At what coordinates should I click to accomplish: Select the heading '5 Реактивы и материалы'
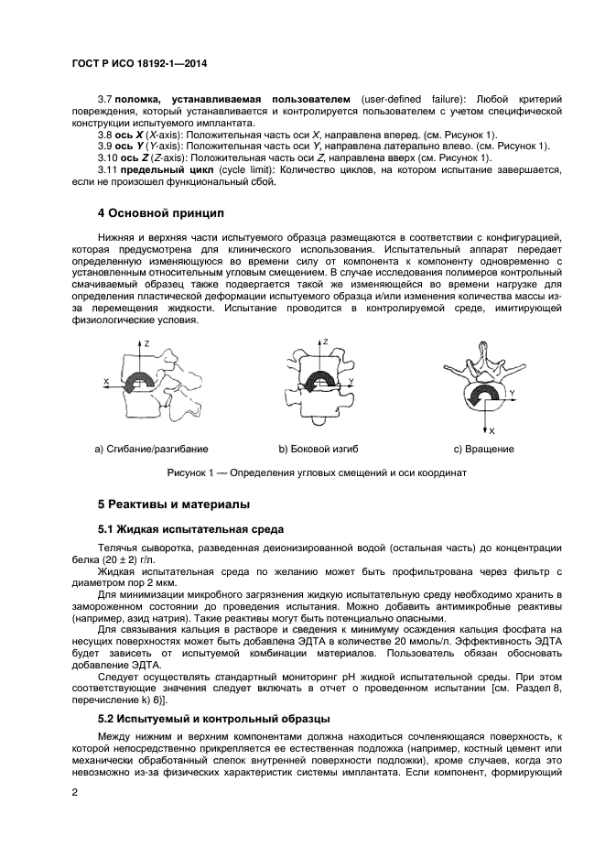click(173, 504)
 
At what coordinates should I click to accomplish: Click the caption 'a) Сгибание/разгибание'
click(151, 449)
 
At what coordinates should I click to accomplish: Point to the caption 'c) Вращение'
click(483, 449)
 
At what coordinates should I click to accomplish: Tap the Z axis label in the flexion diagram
click(147, 342)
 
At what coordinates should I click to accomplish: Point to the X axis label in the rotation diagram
click(492, 430)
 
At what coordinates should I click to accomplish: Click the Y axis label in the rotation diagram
click(512, 392)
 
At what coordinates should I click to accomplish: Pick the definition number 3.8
click(104, 134)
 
